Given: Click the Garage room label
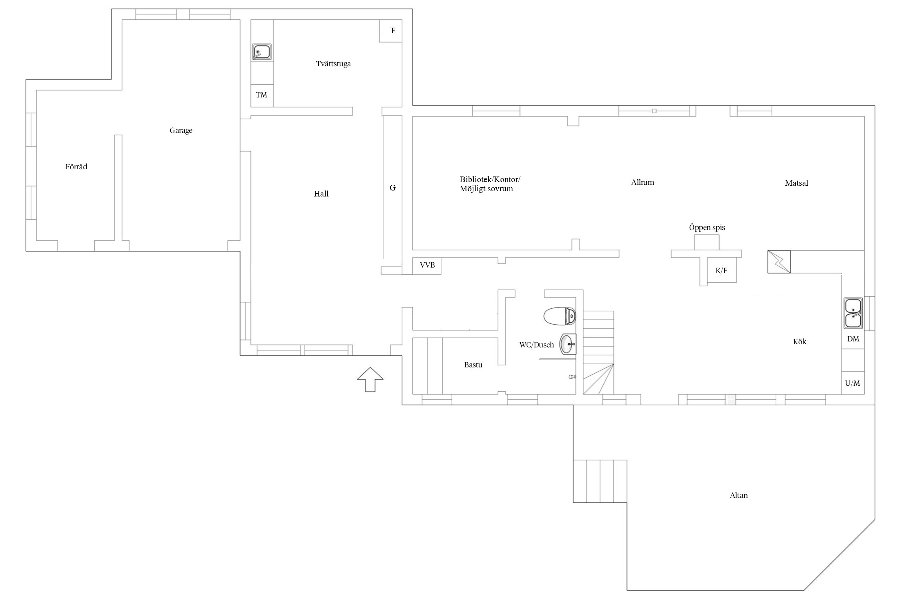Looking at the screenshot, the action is pyautogui.click(x=181, y=131).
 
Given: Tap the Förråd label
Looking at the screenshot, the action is pyautogui.click(x=76, y=167).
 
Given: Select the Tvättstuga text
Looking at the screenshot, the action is pyautogui.click(x=333, y=63).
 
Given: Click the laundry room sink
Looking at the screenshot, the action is pyautogui.click(x=262, y=52).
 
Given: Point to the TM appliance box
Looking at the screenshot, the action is pyautogui.click(x=262, y=95).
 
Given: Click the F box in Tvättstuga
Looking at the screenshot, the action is pyautogui.click(x=390, y=31).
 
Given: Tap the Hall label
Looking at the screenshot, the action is pyautogui.click(x=321, y=194).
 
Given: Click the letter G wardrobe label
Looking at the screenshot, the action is pyautogui.click(x=392, y=188).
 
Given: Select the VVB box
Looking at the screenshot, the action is pyautogui.click(x=427, y=266).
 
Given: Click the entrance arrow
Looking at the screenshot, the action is pyautogui.click(x=370, y=379).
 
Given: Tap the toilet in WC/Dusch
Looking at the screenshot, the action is pyautogui.click(x=559, y=316).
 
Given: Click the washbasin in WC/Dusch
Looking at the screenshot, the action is pyautogui.click(x=568, y=344).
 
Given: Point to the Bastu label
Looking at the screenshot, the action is pyautogui.click(x=473, y=365).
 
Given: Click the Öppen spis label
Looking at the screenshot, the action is pyautogui.click(x=707, y=227).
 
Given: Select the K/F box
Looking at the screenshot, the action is pyautogui.click(x=722, y=270).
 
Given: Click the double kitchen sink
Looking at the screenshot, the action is pyautogui.click(x=853, y=313).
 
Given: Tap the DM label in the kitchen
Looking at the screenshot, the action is pyautogui.click(x=853, y=339).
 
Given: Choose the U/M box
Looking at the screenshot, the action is pyautogui.click(x=853, y=383).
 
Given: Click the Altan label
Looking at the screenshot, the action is pyautogui.click(x=739, y=496).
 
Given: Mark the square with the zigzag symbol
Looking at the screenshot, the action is pyautogui.click(x=779, y=262).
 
